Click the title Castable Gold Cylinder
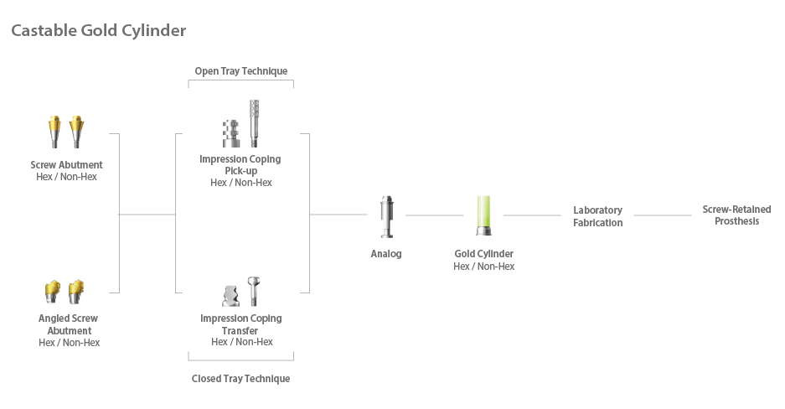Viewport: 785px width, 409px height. (x=98, y=31)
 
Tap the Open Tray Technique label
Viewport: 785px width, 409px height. (x=240, y=71)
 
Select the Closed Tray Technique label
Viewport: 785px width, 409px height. (x=240, y=379)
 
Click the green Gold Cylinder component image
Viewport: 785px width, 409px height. (x=483, y=217)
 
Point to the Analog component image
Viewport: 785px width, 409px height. (x=386, y=217)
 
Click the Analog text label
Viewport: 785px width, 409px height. (x=386, y=254)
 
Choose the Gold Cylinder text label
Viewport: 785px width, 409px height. (x=483, y=254)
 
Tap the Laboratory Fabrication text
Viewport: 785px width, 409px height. (x=597, y=216)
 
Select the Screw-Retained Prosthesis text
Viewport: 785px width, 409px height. (x=736, y=215)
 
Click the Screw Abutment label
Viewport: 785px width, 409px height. (x=66, y=165)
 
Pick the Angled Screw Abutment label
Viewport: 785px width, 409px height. (x=69, y=324)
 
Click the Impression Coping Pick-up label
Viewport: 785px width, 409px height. (x=240, y=164)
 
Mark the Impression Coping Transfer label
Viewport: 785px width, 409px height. (x=241, y=324)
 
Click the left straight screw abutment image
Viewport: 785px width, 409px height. (x=55, y=131)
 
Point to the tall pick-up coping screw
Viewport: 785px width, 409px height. (x=254, y=122)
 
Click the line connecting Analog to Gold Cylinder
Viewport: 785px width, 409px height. (x=434, y=215)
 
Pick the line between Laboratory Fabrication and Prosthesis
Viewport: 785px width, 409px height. (x=662, y=215)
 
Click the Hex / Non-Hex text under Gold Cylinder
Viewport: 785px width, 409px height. (x=483, y=267)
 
